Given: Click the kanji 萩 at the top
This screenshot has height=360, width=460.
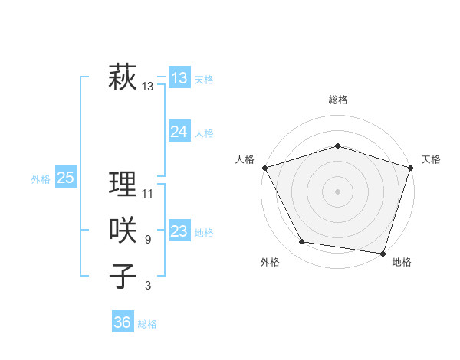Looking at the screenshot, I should point(123,78).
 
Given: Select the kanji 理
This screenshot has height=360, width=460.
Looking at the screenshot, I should point(123,185).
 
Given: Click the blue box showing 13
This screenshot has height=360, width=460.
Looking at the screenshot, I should point(179,78).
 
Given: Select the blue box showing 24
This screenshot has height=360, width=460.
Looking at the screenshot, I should point(179,132).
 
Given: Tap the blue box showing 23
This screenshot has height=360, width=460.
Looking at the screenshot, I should point(179,231).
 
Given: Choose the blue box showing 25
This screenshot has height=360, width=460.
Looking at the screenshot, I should point(66,178).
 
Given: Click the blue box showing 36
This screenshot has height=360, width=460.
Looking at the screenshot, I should point(123,322).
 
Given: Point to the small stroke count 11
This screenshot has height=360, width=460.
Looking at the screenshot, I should point(148,194).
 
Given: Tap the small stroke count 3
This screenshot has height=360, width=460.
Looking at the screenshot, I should point(147,286).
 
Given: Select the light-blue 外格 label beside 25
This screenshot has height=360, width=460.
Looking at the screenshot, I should point(41,179).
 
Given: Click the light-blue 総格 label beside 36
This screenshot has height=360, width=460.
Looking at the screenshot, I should point(147,324).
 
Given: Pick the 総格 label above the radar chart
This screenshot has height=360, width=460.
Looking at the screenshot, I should point(337,100).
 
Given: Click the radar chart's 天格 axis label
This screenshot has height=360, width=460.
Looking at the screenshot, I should point(431,159).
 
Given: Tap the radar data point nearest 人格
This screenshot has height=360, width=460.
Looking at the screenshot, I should point(264,167).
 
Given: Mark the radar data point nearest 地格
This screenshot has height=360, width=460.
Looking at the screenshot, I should point(383,252).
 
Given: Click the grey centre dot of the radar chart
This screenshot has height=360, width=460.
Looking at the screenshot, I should point(337,191).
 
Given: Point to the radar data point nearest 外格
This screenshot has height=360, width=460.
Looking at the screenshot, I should point(302,242).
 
